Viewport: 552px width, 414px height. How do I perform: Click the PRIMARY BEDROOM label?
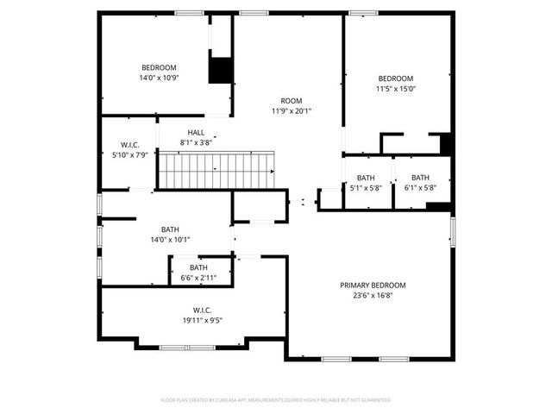tap(372, 285)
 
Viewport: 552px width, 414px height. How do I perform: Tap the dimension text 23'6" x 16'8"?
tap(372, 295)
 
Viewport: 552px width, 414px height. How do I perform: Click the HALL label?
tap(196, 132)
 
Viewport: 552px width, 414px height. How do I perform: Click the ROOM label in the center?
tap(290, 100)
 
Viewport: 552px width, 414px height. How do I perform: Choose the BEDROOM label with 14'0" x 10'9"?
tap(160, 67)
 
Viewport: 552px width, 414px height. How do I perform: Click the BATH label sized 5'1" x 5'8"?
tap(366, 178)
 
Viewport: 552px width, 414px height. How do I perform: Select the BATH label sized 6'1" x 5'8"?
tap(420, 178)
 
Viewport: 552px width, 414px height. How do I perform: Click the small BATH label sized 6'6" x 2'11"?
tap(199, 267)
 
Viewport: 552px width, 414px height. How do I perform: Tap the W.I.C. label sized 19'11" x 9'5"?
tap(203, 310)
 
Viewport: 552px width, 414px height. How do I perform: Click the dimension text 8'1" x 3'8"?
tap(196, 142)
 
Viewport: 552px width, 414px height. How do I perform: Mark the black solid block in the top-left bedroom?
tap(221, 71)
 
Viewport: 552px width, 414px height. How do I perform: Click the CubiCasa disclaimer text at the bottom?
tap(276, 400)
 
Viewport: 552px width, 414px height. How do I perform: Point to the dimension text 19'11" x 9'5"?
tap(203, 320)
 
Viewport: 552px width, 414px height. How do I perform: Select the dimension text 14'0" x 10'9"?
tap(160, 78)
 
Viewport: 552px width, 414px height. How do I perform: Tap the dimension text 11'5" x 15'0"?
tap(395, 88)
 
